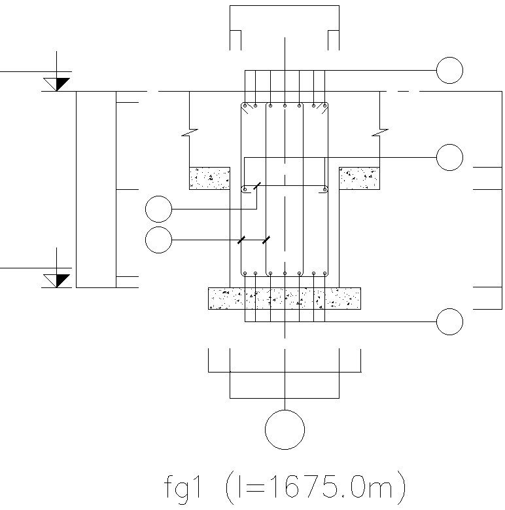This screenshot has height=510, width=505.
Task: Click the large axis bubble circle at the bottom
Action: [285, 430]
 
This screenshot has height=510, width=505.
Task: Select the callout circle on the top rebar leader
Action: [449, 70]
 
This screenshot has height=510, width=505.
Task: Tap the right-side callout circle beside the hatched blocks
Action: [449, 157]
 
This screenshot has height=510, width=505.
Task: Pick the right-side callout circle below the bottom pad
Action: [449, 321]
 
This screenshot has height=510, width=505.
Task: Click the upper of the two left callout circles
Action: [158, 209]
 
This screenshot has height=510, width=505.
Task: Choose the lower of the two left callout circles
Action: [158, 240]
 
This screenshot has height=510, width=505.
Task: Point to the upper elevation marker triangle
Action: [58, 84]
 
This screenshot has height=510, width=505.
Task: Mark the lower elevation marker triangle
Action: [58, 280]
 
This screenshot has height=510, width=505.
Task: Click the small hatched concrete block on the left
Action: [209, 178]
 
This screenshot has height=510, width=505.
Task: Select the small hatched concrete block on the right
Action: [359, 178]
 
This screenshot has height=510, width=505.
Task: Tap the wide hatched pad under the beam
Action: [285, 298]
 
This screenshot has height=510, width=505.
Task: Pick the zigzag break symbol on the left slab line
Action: [189, 134]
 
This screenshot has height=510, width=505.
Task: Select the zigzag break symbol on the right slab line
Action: [380, 134]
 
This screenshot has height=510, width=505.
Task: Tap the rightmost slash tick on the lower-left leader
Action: [266, 240]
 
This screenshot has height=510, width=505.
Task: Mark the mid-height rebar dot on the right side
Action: [325, 190]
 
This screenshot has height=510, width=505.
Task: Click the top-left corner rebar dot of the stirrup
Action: [244, 105]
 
